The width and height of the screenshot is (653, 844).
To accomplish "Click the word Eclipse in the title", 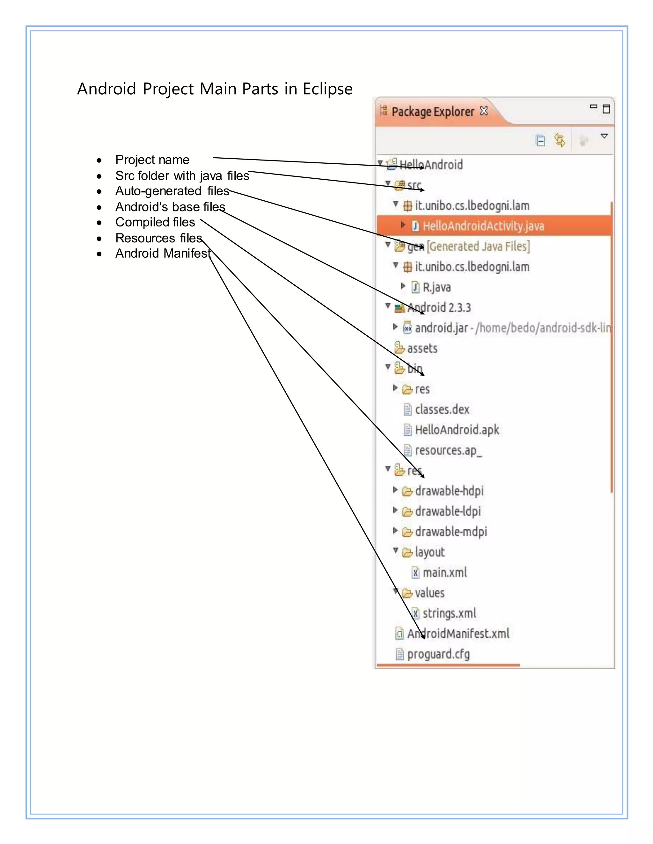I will click(x=327, y=89).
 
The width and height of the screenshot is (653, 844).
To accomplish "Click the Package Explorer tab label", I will click(x=432, y=112).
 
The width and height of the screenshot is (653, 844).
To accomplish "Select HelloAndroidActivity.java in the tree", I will click(x=483, y=226).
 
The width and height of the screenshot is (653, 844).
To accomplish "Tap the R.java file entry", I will click(x=437, y=288).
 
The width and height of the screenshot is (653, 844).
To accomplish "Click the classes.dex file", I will click(x=442, y=410).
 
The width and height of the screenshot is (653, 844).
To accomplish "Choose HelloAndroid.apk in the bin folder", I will click(x=457, y=430).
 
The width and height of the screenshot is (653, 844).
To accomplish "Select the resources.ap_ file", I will click(x=448, y=451).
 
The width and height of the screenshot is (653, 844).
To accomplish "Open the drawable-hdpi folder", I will click(x=449, y=491).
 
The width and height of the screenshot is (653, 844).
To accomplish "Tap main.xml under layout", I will click(x=444, y=573).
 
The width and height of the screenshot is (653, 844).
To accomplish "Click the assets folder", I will click(x=422, y=348).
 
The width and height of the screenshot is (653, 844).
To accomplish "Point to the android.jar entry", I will click(x=441, y=328).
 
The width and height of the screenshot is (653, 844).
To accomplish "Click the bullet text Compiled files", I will click(x=155, y=222).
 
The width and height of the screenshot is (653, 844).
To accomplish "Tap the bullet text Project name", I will click(x=152, y=160).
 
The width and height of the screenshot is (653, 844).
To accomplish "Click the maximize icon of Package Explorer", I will click(x=606, y=109).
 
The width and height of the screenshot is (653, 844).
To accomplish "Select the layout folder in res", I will click(x=429, y=552).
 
